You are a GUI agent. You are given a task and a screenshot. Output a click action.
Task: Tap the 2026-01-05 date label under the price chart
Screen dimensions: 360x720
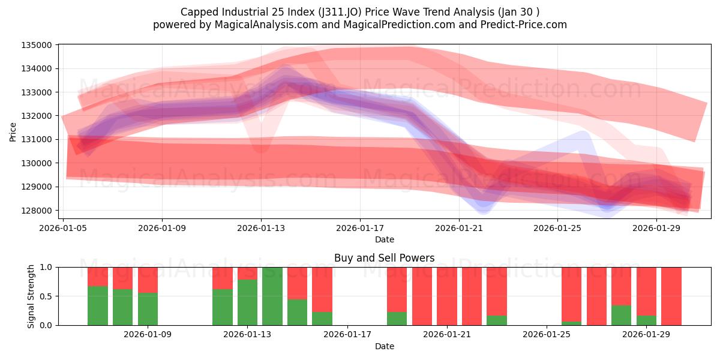tap(63, 228)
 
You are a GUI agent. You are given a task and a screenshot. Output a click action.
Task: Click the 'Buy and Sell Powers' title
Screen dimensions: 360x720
tap(384, 259)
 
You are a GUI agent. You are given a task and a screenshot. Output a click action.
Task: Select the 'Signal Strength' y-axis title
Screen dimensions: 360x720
tap(31, 296)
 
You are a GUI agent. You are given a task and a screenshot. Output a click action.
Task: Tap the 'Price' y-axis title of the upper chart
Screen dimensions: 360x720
tap(13, 132)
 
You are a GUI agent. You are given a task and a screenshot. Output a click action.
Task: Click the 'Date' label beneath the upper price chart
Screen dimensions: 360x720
tap(384, 239)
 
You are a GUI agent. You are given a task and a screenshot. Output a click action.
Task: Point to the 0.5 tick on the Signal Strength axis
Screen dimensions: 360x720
tap(46, 296)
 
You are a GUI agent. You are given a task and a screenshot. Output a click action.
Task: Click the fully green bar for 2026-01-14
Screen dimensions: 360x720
tap(272, 296)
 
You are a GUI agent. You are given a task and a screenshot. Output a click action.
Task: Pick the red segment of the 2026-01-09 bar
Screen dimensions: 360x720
tap(148, 280)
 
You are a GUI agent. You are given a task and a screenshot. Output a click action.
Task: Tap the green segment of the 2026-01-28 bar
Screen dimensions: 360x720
tap(621, 316)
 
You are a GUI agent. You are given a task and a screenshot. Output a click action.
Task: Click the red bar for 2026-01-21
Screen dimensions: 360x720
tap(447, 296)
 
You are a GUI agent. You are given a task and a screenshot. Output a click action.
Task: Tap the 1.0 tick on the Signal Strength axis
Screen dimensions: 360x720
tap(46, 267)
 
